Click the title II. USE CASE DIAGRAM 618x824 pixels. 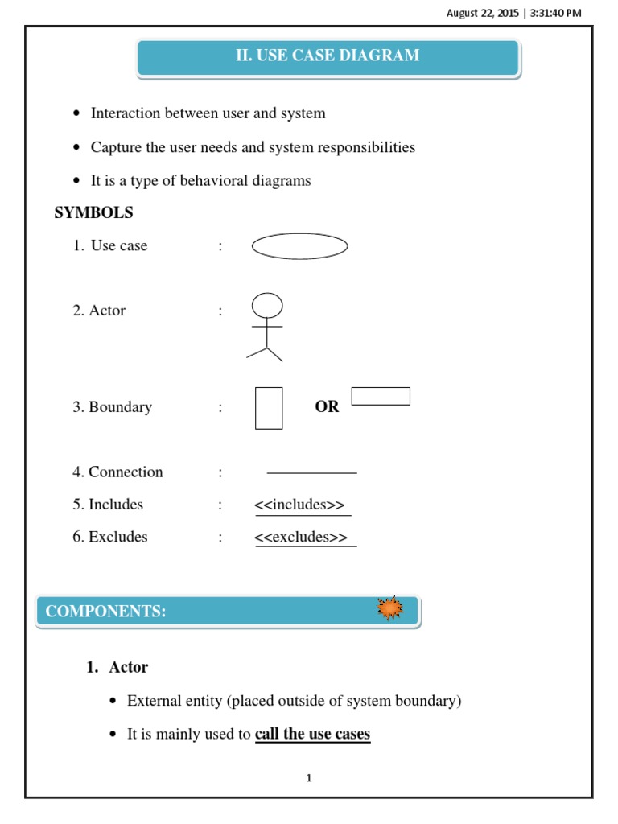click(328, 56)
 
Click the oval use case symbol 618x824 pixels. click(299, 246)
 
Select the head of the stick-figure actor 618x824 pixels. click(267, 306)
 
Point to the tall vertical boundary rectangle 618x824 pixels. click(269, 408)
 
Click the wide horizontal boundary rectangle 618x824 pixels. click(381, 396)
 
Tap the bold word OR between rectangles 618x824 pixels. click(327, 407)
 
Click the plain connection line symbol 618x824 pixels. click(311, 473)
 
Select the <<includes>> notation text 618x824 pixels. click(299, 505)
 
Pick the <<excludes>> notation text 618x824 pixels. click(301, 537)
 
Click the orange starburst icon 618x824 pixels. click(390, 609)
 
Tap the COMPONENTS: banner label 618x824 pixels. click(105, 612)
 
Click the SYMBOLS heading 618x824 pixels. click(93, 213)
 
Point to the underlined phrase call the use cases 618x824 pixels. click(312, 734)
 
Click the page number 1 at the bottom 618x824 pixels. click(309, 778)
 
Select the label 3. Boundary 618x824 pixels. click(112, 407)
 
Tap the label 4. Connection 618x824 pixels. click(117, 472)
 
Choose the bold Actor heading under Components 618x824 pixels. click(129, 667)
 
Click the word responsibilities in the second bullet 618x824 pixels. click(366, 147)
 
